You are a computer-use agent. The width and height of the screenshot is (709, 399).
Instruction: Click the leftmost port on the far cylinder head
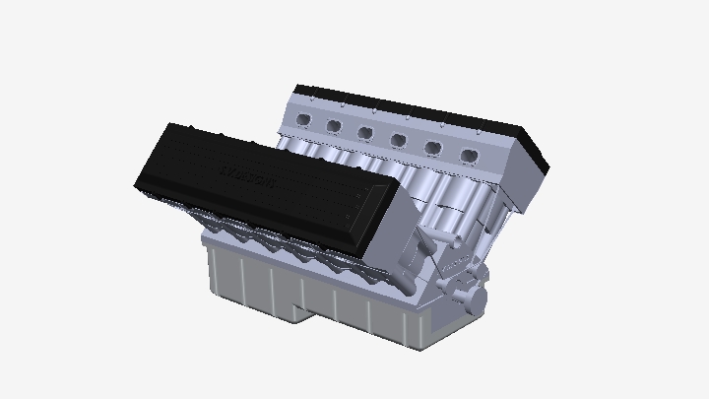coord(303,119)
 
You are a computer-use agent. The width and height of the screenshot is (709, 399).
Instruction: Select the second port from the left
coord(334,125)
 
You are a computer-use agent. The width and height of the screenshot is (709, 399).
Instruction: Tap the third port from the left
coord(365,132)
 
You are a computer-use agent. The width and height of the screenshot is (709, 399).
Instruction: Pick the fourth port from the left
coord(398,139)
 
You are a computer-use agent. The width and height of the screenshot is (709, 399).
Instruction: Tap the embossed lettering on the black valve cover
coord(246,178)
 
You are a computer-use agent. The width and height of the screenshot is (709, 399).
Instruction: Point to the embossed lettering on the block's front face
coord(454,265)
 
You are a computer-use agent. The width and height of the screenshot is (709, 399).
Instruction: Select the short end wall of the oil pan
coord(423,325)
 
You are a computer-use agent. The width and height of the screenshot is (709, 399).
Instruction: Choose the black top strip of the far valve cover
coord(414,110)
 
